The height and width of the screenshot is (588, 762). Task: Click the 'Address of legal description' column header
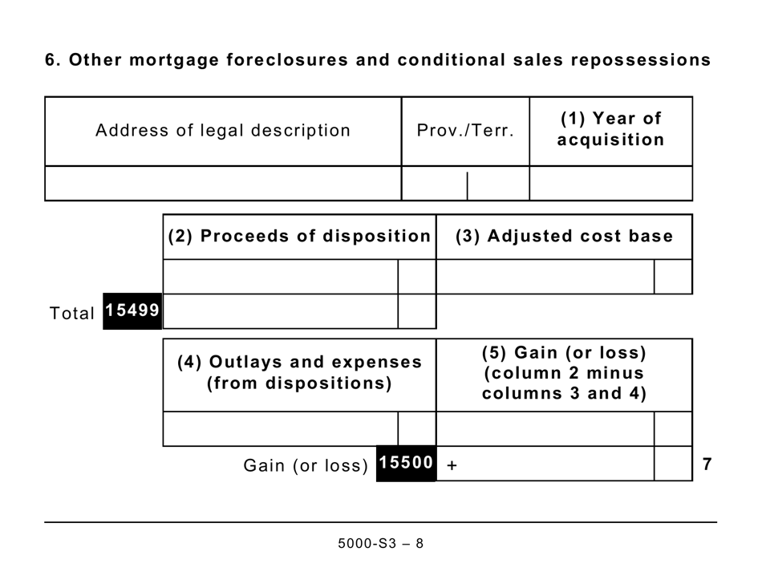click(x=222, y=131)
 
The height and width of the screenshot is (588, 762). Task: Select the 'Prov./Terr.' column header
click(x=465, y=131)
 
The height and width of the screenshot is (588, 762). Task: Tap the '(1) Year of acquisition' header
click(x=610, y=129)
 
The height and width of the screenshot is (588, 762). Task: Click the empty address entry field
click(x=222, y=184)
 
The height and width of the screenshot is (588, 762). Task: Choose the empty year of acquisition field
click(x=610, y=184)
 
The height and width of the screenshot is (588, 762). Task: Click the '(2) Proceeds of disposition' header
click(x=299, y=237)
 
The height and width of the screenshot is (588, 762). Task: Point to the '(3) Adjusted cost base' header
click(x=564, y=237)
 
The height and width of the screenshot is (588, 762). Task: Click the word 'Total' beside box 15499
click(x=72, y=314)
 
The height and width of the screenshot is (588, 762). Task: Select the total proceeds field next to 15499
click(x=280, y=311)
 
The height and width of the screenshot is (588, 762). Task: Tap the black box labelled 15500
click(x=406, y=464)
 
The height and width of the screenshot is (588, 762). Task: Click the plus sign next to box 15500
click(x=452, y=465)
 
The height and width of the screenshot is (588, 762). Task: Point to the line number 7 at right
click(x=707, y=464)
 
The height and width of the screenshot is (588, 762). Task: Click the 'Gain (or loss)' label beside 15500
click(x=306, y=466)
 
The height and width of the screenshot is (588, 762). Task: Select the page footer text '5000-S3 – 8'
click(x=380, y=543)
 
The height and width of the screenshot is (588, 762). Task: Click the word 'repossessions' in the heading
click(x=646, y=60)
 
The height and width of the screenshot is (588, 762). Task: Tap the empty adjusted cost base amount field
click(x=545, y=277)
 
